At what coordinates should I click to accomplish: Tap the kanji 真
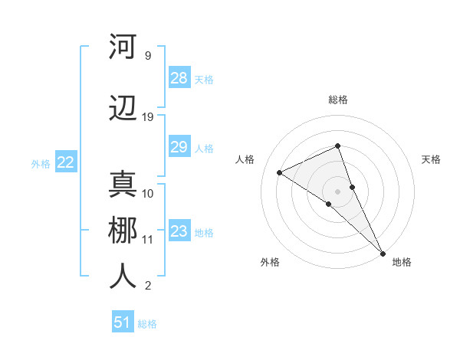point(123,186)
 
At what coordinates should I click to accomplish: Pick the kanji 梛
point(123,231)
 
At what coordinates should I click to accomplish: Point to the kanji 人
point(123,277)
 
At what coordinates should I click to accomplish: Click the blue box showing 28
point(179,78)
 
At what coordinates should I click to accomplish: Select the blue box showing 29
point(179,147)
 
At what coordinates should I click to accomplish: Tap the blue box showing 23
point(179,231)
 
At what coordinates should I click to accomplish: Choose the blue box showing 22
point(66,162)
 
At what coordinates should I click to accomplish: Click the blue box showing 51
point(123,322)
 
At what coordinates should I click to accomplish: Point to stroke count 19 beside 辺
point(148,117)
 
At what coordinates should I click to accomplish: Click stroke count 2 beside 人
point(148,286)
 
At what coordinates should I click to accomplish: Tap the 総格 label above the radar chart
point(337,100)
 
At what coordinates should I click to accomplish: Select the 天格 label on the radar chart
point(431,159)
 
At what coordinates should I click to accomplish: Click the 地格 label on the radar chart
point(402,262)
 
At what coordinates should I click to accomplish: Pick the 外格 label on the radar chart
point(270,262)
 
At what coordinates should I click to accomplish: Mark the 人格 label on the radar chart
point(245,159)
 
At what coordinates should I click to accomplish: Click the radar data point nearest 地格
point(383,252)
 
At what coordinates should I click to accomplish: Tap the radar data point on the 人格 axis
point(280,172)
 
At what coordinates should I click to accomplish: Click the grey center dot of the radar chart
point(337,191)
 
